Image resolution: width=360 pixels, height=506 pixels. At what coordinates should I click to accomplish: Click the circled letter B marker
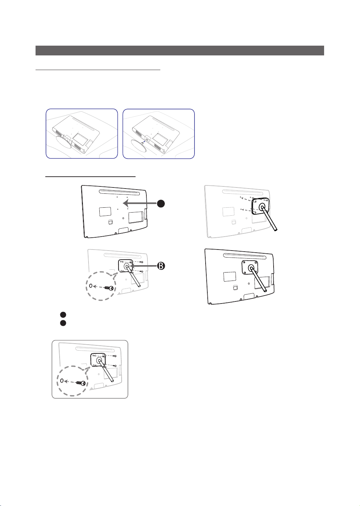point(161,266)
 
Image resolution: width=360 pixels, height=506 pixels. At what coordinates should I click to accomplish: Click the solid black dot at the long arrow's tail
point(161,204)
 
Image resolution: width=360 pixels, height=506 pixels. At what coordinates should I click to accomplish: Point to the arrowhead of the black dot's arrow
point(126,203)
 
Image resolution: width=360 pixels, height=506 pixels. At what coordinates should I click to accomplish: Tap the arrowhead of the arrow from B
point(131,266)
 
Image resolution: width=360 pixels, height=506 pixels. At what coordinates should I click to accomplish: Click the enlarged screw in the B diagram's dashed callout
point(109,288)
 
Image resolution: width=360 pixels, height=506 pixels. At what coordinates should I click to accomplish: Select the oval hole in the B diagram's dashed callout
point(91,286)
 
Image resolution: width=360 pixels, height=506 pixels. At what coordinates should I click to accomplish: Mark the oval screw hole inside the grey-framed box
point(62,381)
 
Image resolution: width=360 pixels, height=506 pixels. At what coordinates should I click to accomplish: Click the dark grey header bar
point(180,51)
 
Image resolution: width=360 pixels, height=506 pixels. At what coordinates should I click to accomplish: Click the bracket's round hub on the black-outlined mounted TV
point(251,268)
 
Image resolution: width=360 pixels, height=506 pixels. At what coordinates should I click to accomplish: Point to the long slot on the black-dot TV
point(119,192)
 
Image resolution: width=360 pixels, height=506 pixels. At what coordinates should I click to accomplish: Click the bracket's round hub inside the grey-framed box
point(99,360)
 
